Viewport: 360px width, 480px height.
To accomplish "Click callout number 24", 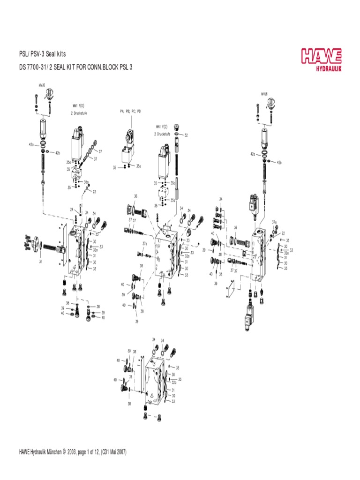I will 72,210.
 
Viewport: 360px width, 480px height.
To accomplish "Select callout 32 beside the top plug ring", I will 186,135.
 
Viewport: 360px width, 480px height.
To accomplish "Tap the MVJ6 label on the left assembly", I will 41,86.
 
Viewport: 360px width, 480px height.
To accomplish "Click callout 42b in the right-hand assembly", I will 279,162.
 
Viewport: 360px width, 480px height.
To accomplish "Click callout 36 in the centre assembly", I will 135,196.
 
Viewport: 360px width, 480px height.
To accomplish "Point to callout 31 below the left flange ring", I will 41,262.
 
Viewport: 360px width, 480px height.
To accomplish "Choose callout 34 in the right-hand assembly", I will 221,199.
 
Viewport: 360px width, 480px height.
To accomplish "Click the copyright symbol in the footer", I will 64,452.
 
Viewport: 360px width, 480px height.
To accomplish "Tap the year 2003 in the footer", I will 72,452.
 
